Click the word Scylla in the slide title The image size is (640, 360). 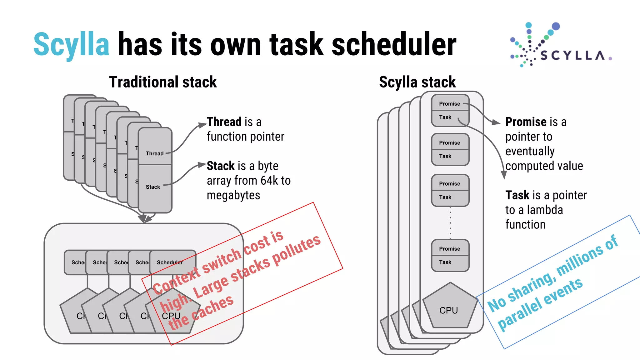(x=71, y=44)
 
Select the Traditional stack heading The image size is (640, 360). (x=163, y=82)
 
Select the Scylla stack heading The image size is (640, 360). (x=417, y=82)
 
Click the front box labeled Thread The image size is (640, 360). (x=155, y=146)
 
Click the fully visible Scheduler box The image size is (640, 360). (x=172, y=262)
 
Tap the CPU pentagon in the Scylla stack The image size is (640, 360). (x=449, y=308)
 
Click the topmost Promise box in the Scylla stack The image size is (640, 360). (x=450, y=103)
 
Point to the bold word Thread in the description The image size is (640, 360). (x=224, y=122)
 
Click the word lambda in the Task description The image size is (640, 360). (x=544, y=210)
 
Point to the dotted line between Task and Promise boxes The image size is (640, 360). (x=450, y=222)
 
